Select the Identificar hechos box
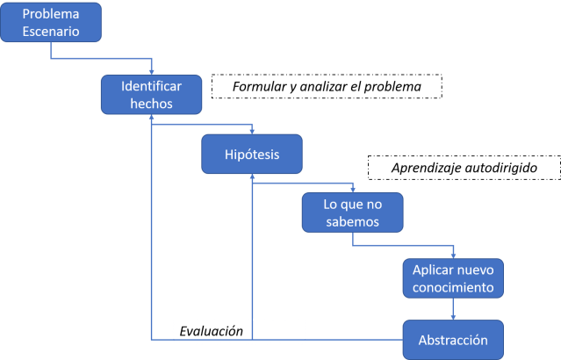click(x=151, y=95)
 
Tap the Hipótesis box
click(x=253, y=155)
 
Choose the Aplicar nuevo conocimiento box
click(x=453, y=277)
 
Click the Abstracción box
click(x=453, y=339)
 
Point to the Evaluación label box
click(x=238, y=331)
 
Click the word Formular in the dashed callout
click(x=261, y=88)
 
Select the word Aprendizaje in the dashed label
click(x=415, y=166)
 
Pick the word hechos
click(x=151, y=104)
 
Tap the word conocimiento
click(x=453, y=286)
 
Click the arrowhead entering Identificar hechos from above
click(x=152, y=73)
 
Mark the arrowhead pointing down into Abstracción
click(x=453, y=317)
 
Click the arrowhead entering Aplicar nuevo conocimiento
click(x=453, y=255)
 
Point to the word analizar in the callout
click(x=327, y=88)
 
